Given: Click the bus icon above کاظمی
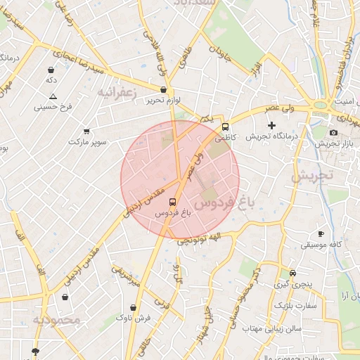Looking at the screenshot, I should pyautogui.click(x=225, y=127).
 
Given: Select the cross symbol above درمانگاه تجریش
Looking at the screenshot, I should pyautogui.click(x=272, y=125).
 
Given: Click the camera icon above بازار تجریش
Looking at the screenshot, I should pyautogui.click(x=333, y=133).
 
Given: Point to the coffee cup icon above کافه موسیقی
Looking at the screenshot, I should pyautogui.click(x=321, y=234).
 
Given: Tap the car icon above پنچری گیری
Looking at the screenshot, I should pyautogui.click(x=292, y=274).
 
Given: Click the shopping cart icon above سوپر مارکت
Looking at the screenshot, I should pyautogui.click(x=86, y=131).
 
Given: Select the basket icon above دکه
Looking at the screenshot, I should pyautogui.click(x=51, y=70).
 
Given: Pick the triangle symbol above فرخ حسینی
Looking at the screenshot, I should pyautogui.click(x=53, y=96).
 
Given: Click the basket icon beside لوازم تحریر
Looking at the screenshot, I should pyautogui.click(x=164, y=90).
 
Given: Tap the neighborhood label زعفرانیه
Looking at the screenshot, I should pyautogui.click(x=116, y=92).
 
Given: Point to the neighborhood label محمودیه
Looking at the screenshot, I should pyautogui.click(x=56, y=320).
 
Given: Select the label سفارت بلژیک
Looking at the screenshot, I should pyautogui.click(x=296, y=306).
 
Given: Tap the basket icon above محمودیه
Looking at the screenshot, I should pyautogui.click(x=65, y=297).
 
